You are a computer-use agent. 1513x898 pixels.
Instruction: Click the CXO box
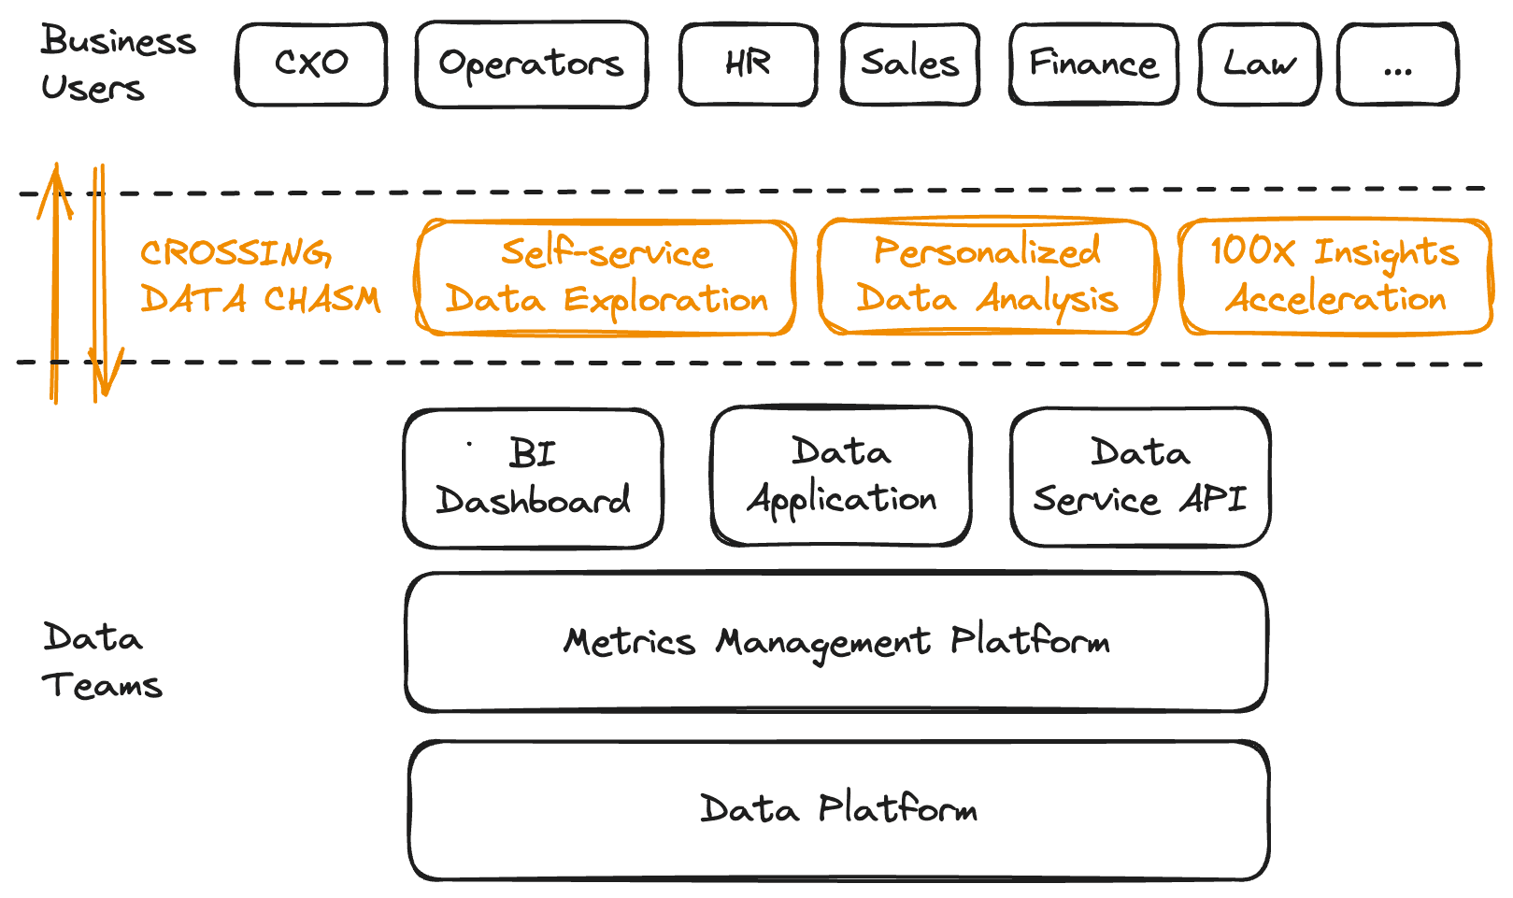[311, 64]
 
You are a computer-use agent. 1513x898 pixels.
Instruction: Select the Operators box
[531, 64]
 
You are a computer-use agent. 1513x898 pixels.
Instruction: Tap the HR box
[748, 64]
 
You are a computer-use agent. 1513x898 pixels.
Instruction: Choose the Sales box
[909, 64]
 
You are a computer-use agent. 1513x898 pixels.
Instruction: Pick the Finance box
[1092, 64]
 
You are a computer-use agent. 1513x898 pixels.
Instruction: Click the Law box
[1259, 64]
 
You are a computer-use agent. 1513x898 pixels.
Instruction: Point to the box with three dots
[1397, 64]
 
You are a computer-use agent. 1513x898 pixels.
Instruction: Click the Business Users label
[117, 64]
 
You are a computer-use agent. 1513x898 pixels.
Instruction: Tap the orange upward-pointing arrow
[55, 280]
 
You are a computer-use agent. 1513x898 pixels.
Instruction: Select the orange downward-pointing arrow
[99, 280]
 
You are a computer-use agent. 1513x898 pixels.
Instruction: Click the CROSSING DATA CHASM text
[260, 276]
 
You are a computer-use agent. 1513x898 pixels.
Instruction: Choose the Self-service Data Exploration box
[606, 277]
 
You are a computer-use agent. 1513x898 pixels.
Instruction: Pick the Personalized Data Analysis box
[987, 276]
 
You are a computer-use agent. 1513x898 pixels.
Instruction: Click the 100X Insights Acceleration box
[1335, 276]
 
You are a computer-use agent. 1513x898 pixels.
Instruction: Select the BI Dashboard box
[533, 478]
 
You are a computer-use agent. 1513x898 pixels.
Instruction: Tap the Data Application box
[840, 476]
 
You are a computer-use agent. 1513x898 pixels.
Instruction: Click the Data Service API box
[1139, 477]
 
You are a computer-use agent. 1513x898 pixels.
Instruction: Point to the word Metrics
[629, 642]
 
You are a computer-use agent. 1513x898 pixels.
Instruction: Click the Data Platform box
[838, 809]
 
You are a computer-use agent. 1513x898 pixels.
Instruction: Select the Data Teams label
[101, 661]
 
